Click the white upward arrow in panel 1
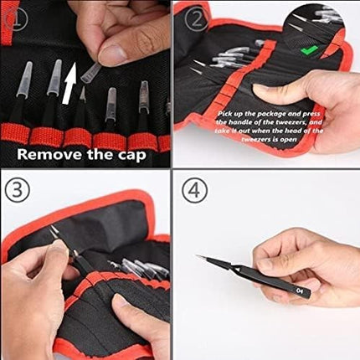[69, 84]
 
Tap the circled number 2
[198, 19]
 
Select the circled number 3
[17, 189]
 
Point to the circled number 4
[194, 191]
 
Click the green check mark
[309, 50]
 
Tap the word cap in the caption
[131, 155]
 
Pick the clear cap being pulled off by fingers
[90, 72]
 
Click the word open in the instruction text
[287, 139]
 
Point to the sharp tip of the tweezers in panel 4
[196, 255]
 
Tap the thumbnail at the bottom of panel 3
[121, 302]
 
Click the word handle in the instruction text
[240, 122]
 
